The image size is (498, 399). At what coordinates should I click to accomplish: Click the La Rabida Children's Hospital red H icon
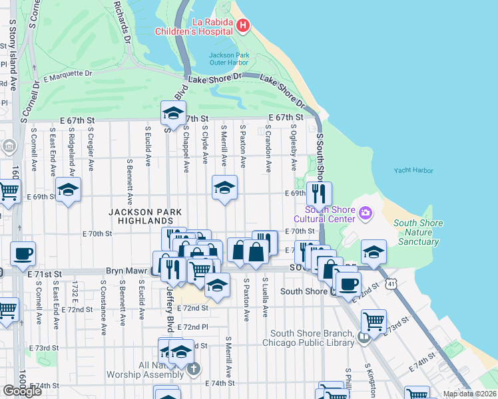[x=243, y=27]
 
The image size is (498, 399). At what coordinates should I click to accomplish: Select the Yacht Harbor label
[x=413, y=170]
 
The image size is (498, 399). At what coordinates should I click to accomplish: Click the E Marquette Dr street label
[x=67, y=77]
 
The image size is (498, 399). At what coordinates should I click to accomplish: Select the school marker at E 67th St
[x=173, y=113]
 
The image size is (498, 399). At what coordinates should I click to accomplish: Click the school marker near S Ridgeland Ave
[x=68, y=190]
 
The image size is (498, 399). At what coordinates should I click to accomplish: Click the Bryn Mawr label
[x=128, y=271]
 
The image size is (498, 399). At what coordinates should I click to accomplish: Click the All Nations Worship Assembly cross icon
[x=193, y=368]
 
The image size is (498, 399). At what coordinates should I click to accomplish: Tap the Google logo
[x=22, y=390]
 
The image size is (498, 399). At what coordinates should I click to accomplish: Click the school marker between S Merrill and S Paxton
[x=224, y=189]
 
